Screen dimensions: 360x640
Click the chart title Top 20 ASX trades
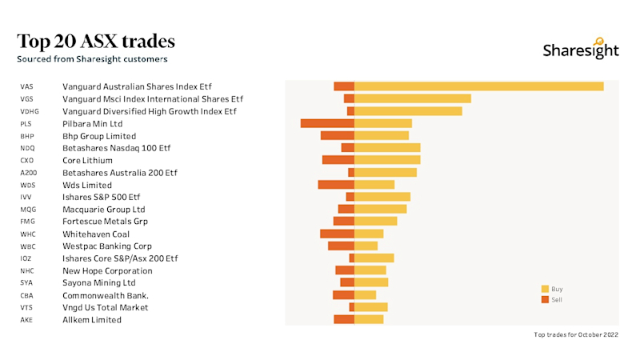[x=96, y=41]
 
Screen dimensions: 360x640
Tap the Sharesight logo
[x=581, y=50]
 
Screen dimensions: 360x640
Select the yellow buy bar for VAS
[x=478, y=86]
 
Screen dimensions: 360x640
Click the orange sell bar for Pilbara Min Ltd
[x=327, y=123]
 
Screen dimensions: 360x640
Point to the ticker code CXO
[x=27, y=160]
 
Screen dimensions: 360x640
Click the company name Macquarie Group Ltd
[x=103, y=209]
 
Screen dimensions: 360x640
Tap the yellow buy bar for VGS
[x=412, y=98]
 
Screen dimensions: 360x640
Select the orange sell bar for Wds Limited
[x=336, y=185]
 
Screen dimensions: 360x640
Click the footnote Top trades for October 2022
[x=576, y=334]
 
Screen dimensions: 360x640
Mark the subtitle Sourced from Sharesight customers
[x=92, y=59]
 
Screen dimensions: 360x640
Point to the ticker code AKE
[x=27, y=320]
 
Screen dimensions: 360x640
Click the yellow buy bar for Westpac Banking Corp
[x=366, y=246]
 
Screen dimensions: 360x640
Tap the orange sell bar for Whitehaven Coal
[x=337, y=234]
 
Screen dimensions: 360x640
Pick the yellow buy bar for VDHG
[x=408, y=111]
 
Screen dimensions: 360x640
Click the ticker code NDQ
[x=28, y=148]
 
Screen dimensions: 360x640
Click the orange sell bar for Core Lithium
[x=338, y=160]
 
